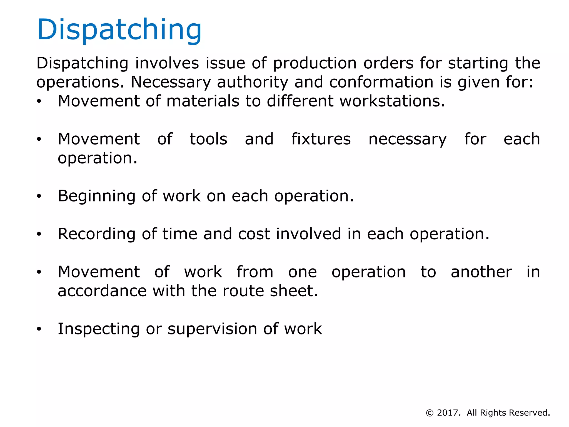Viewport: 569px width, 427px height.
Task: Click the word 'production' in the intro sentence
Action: [315, 63]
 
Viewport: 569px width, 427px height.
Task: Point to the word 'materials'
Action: [203, 101]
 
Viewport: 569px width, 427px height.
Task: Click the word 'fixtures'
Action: [321, 139]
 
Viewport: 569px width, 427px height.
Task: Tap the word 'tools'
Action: [208, 139]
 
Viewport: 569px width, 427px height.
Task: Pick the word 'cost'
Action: [254, 234]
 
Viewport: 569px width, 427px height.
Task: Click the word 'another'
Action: [481, 272]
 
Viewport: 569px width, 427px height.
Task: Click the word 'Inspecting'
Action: [98, 329]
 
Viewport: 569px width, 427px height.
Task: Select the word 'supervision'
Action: [213, 329]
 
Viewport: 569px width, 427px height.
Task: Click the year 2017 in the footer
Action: [448, 413]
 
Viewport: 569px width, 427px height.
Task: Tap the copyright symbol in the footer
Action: [430, 413]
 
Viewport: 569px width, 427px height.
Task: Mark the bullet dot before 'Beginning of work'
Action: [39, 197]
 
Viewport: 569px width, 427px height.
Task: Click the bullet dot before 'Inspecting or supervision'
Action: [39, 329]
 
